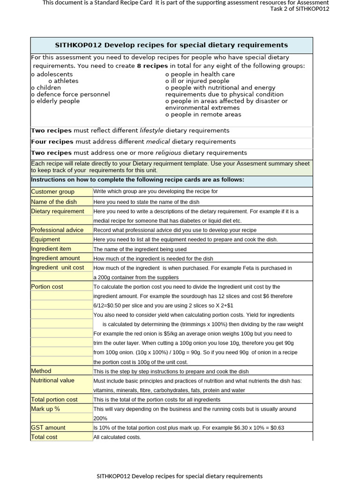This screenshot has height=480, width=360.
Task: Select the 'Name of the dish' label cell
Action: point(54,202)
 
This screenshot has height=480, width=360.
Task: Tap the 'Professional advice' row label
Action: point(57,230)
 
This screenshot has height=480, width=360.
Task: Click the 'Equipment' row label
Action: point(45,239)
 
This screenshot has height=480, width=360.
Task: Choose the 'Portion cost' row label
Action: point(47,286)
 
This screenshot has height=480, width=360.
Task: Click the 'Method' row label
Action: point(41,371)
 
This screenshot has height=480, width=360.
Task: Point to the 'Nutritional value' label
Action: point(52,380)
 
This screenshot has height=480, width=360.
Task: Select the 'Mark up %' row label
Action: point(45,409)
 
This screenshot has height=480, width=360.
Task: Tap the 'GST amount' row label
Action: point(48,427)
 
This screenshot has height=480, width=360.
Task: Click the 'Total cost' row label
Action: point(44,437)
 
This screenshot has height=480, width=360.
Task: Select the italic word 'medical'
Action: point(158,142)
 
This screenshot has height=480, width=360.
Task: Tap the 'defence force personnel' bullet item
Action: point(73,94)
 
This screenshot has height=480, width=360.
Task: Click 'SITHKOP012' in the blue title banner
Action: point(78,45)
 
